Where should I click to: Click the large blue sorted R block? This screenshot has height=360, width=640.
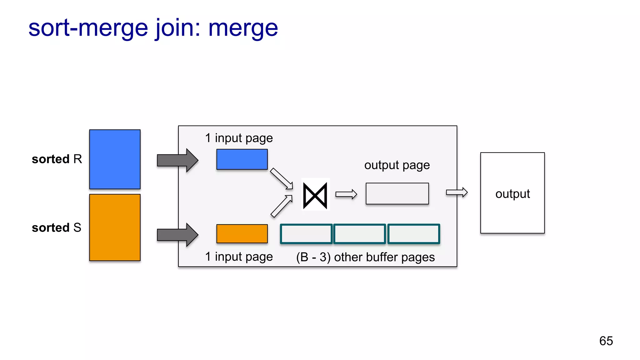115,159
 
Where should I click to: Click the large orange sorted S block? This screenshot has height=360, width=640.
115,227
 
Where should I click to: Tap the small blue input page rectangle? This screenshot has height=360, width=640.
242,159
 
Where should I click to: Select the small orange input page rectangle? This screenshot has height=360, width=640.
242,234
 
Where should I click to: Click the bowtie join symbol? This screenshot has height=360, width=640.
315,196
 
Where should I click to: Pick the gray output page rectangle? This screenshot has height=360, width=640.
397,194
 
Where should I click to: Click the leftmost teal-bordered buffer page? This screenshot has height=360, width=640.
306,234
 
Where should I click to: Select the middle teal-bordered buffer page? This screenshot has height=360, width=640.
359,234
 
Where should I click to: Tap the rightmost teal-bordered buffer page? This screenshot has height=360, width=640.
413,234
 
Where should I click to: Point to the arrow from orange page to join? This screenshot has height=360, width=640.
281,206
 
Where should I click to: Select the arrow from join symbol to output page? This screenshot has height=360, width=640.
346,194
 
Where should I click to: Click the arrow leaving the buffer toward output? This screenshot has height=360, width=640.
457,192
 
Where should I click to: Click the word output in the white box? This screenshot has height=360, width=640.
512,194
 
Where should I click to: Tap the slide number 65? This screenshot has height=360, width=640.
606,341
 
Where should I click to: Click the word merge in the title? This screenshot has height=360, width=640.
243,28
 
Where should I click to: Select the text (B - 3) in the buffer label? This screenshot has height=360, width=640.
313,257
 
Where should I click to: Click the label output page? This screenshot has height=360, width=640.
397,165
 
